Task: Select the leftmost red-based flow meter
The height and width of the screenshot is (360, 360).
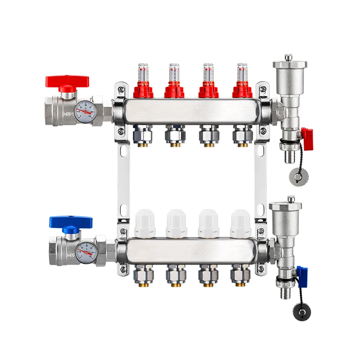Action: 143,83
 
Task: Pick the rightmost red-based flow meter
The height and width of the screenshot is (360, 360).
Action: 243,83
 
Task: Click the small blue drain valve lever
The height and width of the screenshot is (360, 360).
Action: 301,272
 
